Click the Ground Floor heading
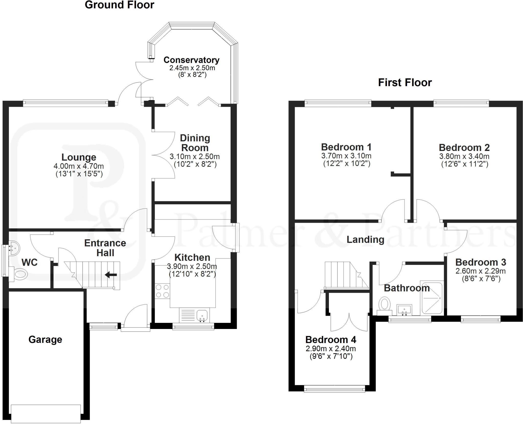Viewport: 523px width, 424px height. click(x=119, y=5)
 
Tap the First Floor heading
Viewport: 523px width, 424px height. click(x=405, y=83)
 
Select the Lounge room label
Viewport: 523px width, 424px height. click(x=79, y=157)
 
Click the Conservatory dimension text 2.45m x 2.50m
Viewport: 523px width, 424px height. click(x=192, y=68)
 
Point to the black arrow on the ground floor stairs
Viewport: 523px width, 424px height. click(x=111, y=275)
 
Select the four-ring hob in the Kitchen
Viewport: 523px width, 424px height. click(x=162, y=291)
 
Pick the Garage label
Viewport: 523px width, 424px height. click(x=45, y=339)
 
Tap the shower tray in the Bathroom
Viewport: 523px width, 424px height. click(x=432, y=298)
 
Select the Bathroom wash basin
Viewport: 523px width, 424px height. click(x=404, y=310)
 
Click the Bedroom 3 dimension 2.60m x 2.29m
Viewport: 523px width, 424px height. click(x=480, y=271)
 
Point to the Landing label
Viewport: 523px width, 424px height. click(x=365, y=239)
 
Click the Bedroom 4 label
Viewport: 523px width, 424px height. click(x=330, y=340)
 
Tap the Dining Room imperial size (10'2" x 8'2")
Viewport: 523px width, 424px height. click(x=195, y=164)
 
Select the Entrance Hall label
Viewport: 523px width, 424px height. click(x=105, y=248)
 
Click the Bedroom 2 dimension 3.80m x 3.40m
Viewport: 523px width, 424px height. click(x=464, y=156)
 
